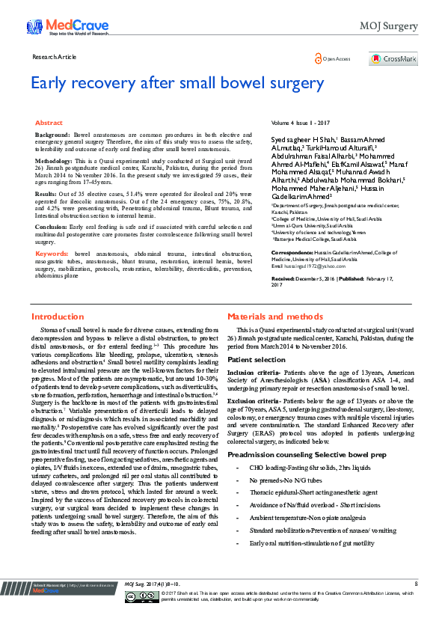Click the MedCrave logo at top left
(x=62, y=28)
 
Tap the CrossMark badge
(x=393, y=58)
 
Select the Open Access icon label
(x=334, y=58)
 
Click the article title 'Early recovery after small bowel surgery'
(x=177, y=83)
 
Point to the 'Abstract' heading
(x=49, y=122)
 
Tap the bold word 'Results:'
(x=47, y=193)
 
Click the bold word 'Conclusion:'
(x=52, y=225)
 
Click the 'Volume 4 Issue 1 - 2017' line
(x=301, y=121)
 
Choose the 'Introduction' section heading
(x=58, y=338)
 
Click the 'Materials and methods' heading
(x=264, y=338)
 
